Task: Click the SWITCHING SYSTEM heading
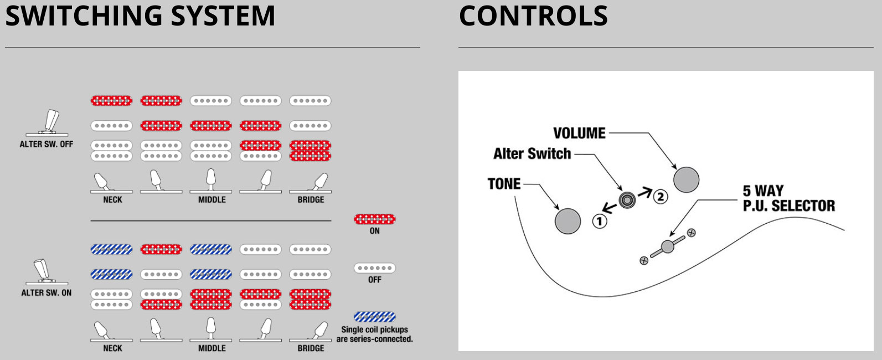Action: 140,16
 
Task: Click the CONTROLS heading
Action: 533,16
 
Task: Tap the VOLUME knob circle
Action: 686,179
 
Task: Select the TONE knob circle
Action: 568,221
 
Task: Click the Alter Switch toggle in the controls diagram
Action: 627,200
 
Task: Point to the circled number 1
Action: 600,221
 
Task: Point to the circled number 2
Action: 660,196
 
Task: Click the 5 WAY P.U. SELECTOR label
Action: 788,198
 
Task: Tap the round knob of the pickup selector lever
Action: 668,246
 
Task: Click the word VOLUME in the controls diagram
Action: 579,133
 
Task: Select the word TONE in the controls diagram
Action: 504,184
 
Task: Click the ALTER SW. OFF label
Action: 47,144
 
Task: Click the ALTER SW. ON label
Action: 47,292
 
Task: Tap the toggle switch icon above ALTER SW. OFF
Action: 49,123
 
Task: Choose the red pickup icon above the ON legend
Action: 375,219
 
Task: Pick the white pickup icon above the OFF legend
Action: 375,268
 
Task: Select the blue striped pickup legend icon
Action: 375,317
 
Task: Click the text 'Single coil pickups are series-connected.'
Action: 375,334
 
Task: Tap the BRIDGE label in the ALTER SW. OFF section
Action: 311,199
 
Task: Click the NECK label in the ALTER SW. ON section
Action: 112,348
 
